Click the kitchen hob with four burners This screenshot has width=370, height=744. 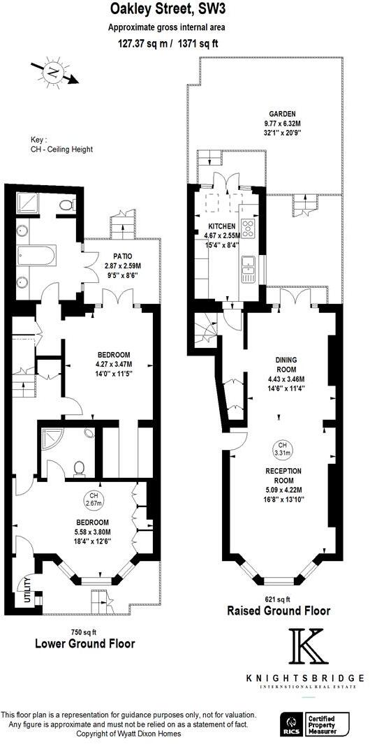pos(249,227)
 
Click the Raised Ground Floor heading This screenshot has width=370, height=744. pos(279,611)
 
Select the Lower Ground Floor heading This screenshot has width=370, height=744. pos(84,643)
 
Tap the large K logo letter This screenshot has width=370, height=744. pos(308,647)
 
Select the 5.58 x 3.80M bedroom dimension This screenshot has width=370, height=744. pos(91,532)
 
